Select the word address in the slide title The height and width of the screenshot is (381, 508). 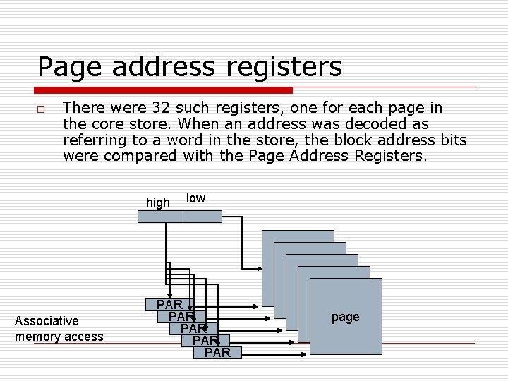(167, 68)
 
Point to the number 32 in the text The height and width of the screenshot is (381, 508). (161, 108)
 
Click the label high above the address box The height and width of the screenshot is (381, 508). (158, 202)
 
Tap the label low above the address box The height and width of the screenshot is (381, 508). (195, 198)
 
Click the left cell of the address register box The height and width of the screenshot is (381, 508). (162, 216)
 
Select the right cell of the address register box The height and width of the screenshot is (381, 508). (203, 216)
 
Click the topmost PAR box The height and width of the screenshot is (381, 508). (169, 305)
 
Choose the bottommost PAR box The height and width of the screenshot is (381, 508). (217, 352)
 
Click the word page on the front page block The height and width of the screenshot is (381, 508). (345, 317)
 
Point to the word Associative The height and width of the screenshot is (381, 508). (47, 321)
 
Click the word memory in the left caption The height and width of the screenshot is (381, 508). (38, 337)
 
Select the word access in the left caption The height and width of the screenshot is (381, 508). (83, 337)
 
